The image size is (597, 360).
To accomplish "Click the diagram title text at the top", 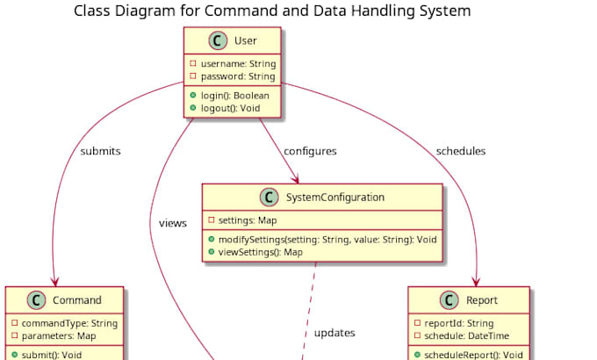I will point(272,11).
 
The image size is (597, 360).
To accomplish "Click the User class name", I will point(245,41).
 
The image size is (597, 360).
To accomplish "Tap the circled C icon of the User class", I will point(217,41).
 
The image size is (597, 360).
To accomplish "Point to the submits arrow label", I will point(100,151).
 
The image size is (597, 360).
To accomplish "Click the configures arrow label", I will point(310,151).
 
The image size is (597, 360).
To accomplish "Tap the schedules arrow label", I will point(460,151).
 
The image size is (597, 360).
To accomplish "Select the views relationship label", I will point(173,223).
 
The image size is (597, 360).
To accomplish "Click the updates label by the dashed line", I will point(334,334).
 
